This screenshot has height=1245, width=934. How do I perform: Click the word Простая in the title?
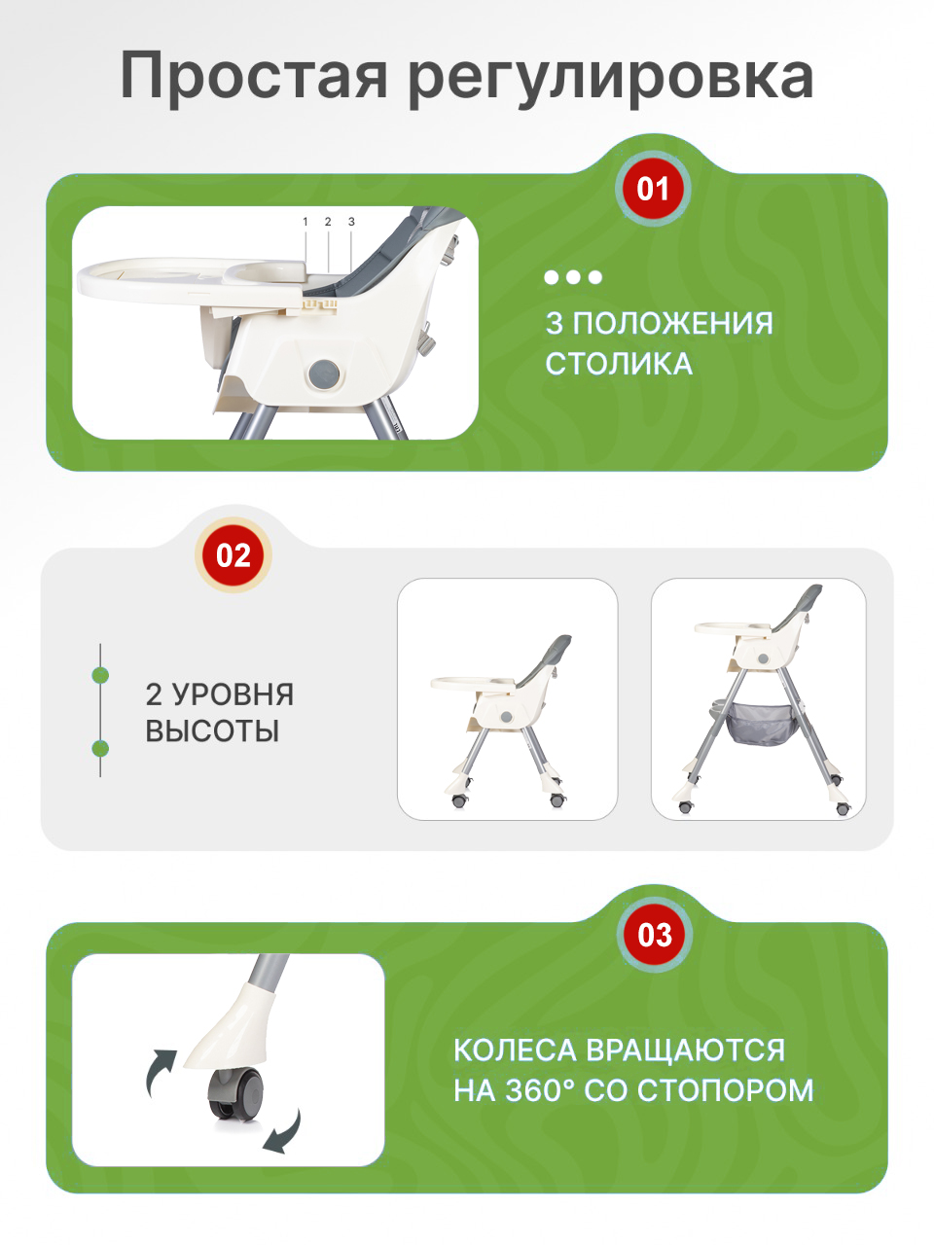click(255, 77)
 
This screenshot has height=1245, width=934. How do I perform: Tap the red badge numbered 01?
click(653, 189)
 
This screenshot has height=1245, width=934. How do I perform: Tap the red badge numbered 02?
click(233, 555)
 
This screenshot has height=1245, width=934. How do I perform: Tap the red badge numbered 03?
click(655, 935)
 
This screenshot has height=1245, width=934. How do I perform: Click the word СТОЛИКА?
click(619, 364)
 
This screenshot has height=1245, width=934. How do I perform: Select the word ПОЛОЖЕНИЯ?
click(672, 323)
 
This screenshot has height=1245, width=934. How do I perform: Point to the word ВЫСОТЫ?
click(212, 730)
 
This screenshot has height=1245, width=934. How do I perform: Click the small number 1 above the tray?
click(305, 222)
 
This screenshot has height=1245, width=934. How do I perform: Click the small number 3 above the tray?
click(351, 222)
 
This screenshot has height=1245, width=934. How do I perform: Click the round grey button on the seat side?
click(323, 373)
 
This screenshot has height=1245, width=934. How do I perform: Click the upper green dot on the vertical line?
click(100, 674)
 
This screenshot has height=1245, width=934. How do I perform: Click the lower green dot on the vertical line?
click(100, 748)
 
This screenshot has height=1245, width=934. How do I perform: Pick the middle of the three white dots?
click(573, 277)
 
